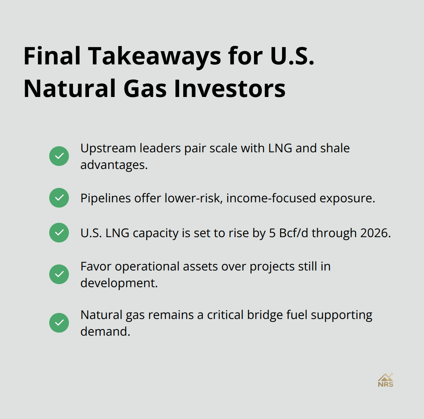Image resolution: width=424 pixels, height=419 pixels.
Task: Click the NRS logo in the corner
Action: coord(385,380)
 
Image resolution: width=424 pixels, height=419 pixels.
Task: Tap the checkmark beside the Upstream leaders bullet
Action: coord(59,156)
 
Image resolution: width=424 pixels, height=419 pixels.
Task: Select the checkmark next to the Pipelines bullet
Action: coord(59,198)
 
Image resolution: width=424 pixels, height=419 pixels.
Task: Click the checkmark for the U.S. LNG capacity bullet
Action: coord(59,233)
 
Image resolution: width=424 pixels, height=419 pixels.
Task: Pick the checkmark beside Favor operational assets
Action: coord(59,274)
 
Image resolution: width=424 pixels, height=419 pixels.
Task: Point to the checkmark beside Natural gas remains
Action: coord(59,323)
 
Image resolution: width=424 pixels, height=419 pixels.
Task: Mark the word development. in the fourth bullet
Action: coord(119,283)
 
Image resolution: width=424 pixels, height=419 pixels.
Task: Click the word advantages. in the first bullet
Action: coord(114,165)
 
